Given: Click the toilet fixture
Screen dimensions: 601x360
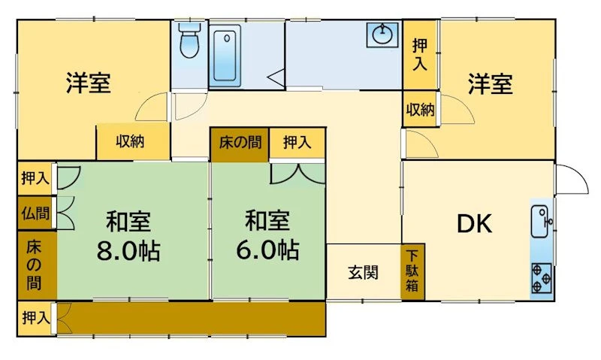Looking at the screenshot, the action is click(190, 40).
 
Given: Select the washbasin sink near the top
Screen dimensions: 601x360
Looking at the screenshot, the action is click(382, 35).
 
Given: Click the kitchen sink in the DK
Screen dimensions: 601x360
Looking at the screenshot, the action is click(541, 222).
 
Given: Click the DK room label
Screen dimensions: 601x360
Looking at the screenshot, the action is click(474, 224).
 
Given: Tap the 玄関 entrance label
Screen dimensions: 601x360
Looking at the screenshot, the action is click(363, 273).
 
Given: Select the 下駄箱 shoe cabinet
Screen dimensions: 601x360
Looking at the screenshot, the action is click(412, 271).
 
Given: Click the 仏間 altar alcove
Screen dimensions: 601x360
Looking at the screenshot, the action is click(36, 213).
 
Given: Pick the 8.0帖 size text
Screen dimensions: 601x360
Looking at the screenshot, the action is click(128, 251).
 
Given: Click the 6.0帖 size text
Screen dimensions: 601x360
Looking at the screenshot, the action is click(267, 250).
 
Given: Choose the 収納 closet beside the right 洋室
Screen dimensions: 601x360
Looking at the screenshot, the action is click(421, 109).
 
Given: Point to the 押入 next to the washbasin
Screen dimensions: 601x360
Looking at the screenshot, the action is click(420, 55).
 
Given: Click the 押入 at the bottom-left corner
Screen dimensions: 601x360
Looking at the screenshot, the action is click(36, 317).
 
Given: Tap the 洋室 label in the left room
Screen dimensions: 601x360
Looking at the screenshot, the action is click(89, 83).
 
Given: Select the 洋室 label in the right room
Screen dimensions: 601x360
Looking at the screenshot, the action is click(491, 84).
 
